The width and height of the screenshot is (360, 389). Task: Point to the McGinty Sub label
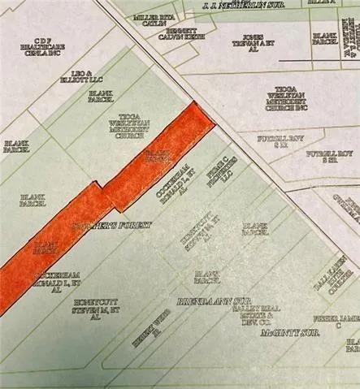[286, 333]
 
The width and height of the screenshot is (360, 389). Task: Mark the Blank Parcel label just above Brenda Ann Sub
[207, 276]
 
